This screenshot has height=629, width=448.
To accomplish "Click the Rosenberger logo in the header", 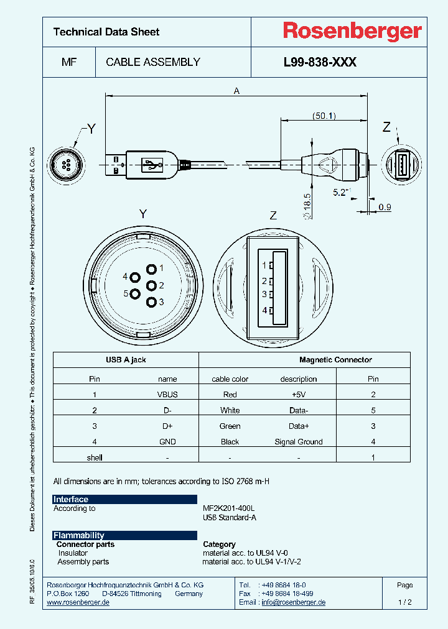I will point(352,31).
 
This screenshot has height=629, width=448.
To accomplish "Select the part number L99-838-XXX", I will point(319,62).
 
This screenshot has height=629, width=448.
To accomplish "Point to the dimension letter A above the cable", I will point(236,91).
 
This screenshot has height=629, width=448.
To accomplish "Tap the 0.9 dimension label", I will point(385,207).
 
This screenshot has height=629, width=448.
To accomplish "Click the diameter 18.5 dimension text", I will point(306,205).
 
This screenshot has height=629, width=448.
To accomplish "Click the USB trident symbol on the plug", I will point(152,165).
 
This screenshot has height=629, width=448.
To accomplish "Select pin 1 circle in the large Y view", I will point(151,269).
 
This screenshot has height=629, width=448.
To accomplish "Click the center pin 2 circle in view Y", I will point(151,286).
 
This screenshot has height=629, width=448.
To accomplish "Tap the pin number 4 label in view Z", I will point(264,310).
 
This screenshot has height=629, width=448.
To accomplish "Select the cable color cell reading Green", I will point(230,426).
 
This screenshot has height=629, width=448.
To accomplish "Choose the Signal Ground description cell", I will point(299,442).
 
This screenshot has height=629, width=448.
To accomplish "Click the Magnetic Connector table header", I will point(335,360).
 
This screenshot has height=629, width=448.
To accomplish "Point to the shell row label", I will point(95,457).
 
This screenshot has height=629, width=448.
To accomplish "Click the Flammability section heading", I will point(79,535).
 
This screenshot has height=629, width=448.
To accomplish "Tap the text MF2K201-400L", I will point(228,508).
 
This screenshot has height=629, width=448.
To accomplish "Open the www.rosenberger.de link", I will point(78,602).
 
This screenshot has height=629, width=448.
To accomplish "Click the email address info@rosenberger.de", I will point(293,602).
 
